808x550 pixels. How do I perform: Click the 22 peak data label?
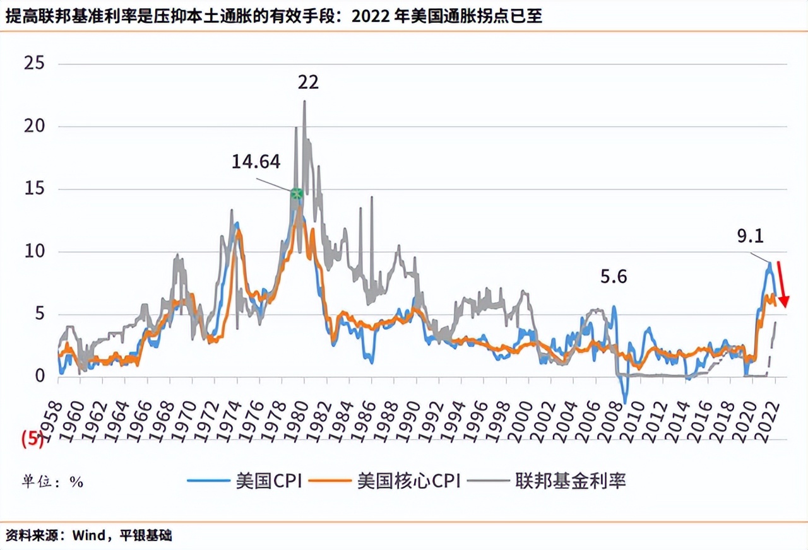click(x=309, y=83)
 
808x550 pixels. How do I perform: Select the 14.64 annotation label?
click(x=256, y=162)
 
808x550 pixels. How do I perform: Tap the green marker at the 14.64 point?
click(x=296, y=193)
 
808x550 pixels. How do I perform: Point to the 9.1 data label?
click(x=751, y=237)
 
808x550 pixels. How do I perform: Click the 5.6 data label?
click(x=614, y=277)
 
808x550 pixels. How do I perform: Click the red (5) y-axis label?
click(x=32, y=440)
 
